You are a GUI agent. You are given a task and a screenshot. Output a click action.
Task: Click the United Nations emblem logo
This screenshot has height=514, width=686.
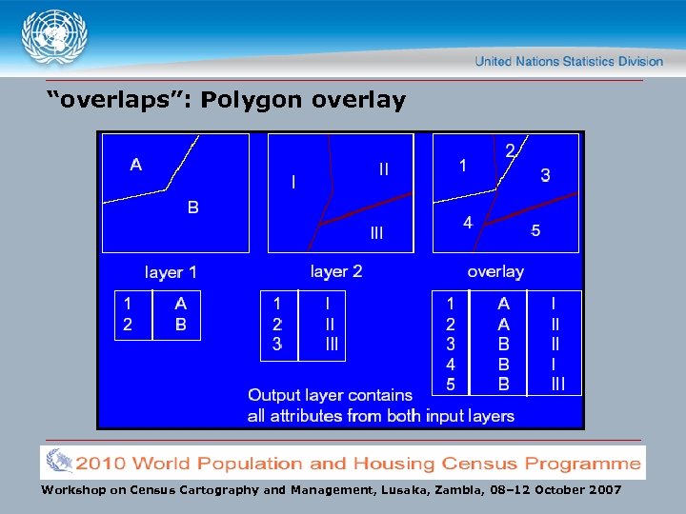pyautogui.click(x=53, y=39)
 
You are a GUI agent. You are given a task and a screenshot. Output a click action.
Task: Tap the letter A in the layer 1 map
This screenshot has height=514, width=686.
pyautogui.click(x=136, y=165)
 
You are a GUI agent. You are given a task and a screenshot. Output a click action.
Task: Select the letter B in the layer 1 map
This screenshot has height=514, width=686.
pyautogui.click(x=192, y=207)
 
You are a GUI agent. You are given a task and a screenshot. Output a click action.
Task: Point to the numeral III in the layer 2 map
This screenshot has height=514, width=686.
pyautogui.click(x=376, y=232)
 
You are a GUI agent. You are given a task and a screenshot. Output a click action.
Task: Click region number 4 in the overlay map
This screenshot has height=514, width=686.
pyautogui.click(x=467, y=223)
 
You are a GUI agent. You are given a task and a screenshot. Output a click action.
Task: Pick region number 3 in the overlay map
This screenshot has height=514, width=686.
pyautogui.click(x=545, y=175)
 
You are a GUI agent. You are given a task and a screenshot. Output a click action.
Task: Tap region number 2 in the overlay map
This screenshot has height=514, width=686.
pyautogui.click(x=510, y=149)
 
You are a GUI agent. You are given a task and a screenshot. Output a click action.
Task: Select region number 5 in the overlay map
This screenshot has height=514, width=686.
pyautogui.click(x=535, y=230)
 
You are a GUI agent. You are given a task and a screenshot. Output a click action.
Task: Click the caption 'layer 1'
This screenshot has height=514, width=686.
pyautogui.click(x=171, y=272)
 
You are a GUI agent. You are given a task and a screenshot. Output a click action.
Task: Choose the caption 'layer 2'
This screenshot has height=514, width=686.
pyautogui.click(x=336, y=271)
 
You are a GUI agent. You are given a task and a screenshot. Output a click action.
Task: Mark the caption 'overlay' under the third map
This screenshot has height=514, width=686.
pyautogui.click(x=495, y=271)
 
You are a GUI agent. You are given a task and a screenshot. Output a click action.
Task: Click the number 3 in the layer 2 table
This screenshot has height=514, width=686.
pyautogui.click(x=277, y=345)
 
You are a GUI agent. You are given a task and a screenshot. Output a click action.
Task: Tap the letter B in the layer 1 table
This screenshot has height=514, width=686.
pyautogui.click(x=181, y=324)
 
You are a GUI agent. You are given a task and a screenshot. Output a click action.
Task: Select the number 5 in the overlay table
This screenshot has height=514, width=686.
pyautogui.click(x=451, y=385)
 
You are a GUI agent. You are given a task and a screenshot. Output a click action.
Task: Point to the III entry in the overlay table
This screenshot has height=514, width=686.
pyautogui.click(x=557, y=385)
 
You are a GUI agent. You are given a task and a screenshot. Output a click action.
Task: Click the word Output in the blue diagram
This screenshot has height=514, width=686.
pyautogui.click(x=276, y=395)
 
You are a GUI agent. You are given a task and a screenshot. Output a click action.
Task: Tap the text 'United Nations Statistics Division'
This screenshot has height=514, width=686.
pyautogui.click(x=569, y=61)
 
